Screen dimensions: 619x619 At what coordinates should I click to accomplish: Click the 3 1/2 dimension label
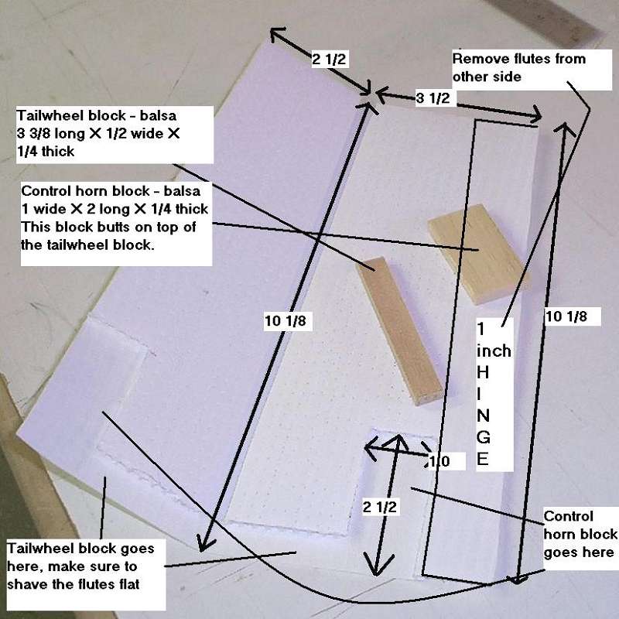433,97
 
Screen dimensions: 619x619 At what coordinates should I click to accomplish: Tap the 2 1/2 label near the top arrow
329,60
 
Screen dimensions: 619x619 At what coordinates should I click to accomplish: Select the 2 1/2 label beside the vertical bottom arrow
380,507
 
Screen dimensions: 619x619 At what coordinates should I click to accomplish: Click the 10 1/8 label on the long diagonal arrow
286,320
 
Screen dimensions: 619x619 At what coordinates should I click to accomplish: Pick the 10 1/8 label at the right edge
566,316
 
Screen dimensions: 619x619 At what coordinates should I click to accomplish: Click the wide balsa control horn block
477,254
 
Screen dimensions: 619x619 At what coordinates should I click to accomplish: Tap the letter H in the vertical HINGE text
483,372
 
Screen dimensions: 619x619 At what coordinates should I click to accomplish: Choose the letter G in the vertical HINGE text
484,437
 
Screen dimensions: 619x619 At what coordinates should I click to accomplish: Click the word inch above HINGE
494,351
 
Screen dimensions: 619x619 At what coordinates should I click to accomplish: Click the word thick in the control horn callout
191,209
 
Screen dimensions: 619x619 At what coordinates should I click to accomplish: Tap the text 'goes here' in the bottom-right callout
578,552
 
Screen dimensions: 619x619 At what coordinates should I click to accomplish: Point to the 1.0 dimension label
439,461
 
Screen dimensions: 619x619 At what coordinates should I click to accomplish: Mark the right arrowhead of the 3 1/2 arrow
535,115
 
